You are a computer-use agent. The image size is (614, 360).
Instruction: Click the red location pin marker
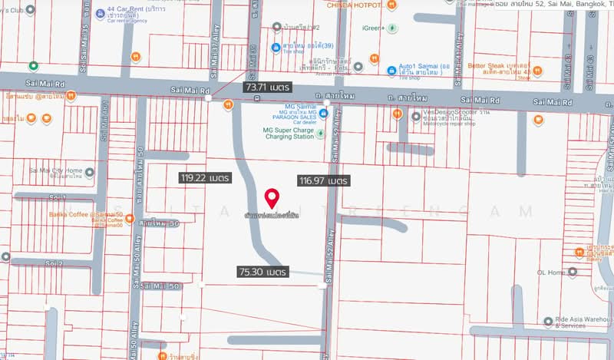click(x=271, y=198)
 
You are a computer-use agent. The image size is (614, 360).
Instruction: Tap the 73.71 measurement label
click(x=266, y=88)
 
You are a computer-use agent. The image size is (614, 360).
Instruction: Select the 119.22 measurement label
click(x=205, y=177)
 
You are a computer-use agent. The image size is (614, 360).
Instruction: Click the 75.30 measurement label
click(x=262, y=272)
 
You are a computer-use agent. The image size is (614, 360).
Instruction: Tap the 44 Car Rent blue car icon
click(x=101, y=15)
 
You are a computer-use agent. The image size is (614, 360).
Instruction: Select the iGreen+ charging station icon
click(x=393, y=28)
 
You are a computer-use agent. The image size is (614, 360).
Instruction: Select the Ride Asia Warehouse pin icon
click(x=548, y=322)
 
